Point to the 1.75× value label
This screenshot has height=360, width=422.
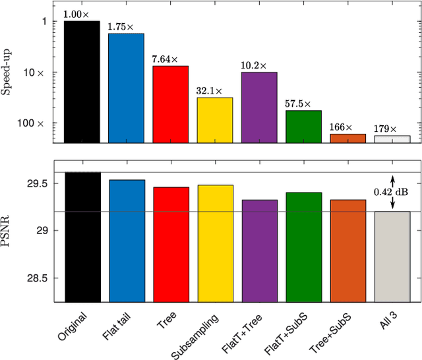pyautogui.click(x=126, y=28)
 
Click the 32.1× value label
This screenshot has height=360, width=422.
pyautogui.click(x=215, y=91)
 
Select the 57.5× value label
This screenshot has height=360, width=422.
pyautogui.click(x=303, y=104)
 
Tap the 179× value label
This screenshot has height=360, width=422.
pyautogui.click(x=392, y=129)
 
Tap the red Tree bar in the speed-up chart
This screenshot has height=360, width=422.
pyautogui.click(x=170, y=104)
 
